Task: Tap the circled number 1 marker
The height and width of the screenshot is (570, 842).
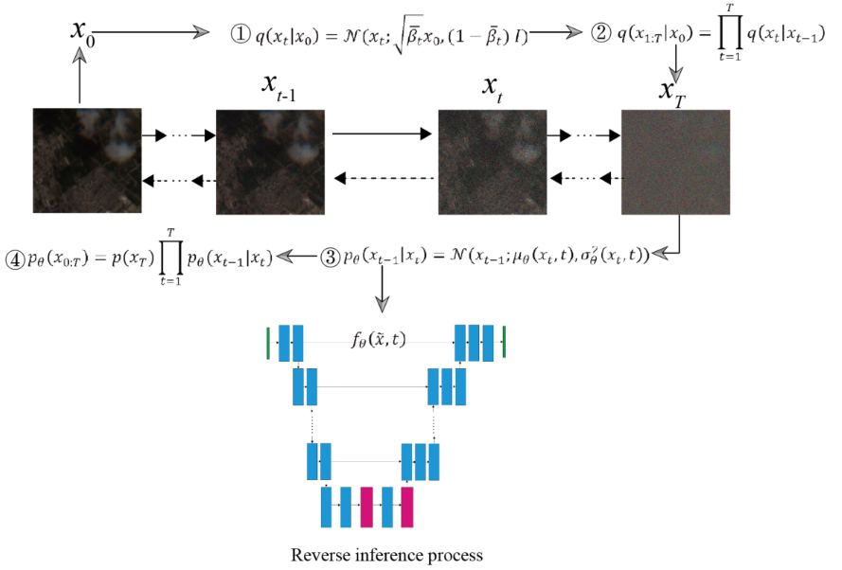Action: pos(240,33)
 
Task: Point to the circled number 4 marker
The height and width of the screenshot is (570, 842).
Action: pos(15,257)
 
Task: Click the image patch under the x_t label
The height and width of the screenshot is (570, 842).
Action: pos(492,163)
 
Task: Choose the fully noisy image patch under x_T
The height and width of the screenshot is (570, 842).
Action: pos(675,163)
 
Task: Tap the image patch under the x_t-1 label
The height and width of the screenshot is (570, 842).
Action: pos(270,163)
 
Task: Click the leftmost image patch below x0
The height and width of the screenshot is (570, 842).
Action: pos(87,163)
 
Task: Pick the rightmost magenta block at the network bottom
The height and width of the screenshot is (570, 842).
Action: pos(408,507)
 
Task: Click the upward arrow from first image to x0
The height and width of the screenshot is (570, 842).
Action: pos(81,77)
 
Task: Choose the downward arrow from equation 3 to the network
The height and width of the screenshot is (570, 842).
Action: pos(382,294)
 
